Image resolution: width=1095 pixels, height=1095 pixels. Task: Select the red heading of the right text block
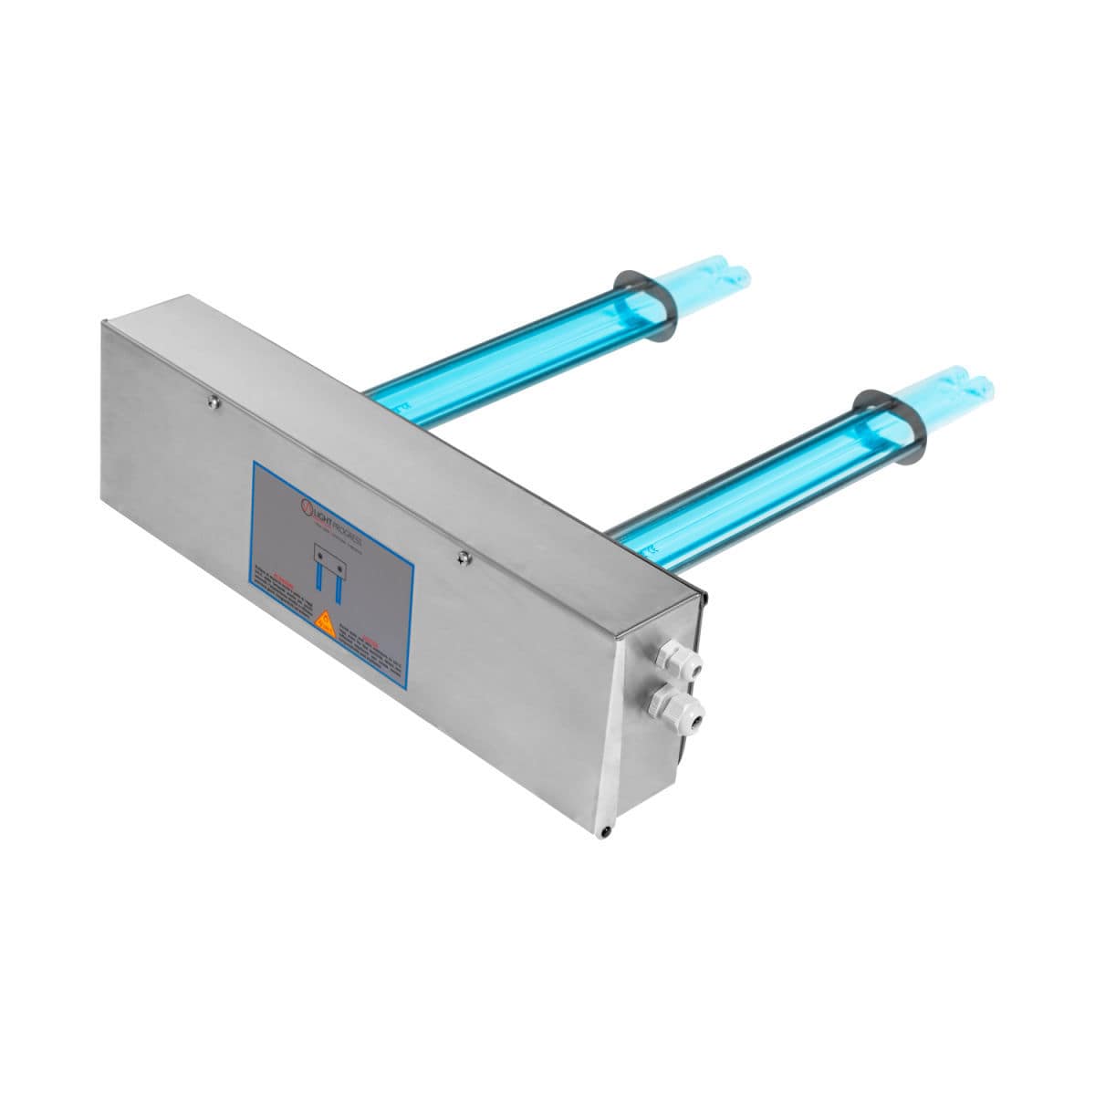(370, 640)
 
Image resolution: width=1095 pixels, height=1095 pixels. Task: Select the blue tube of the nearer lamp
(748, 484)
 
